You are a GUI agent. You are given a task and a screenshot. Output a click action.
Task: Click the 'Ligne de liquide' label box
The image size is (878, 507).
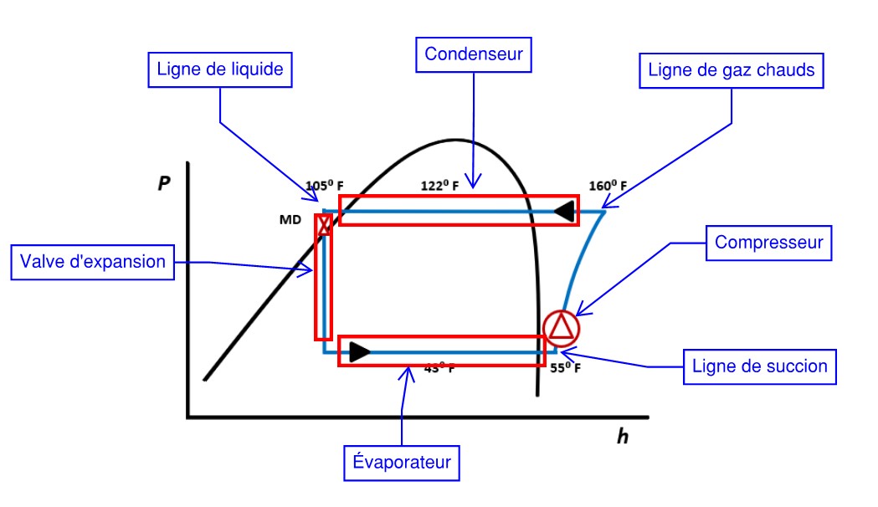(x=221, y=70)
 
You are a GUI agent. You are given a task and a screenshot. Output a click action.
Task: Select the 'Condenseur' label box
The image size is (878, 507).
(x=474, y=54)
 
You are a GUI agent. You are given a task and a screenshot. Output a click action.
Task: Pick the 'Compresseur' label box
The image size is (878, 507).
(x=769, y=243)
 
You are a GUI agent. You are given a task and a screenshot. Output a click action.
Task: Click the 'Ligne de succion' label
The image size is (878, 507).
(x=759, y=366)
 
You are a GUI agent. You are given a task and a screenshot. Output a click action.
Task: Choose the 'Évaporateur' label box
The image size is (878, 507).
(x=403, y=462)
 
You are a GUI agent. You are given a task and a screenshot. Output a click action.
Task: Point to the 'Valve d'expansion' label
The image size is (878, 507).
(x=94, y=261)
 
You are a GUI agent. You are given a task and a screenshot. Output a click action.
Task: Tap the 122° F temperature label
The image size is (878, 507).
(x=439, y=186)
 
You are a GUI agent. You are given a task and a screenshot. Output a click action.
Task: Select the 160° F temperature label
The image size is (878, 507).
(x=608, y=186)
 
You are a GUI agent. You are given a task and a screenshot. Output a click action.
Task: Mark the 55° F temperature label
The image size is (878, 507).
(x=565, y=366)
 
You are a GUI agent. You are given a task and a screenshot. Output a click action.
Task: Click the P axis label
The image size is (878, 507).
(x=164, y=185)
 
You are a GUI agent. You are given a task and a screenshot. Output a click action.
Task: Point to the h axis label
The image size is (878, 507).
(x=622, y=436)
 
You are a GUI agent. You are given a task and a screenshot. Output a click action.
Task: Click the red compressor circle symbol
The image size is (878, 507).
(x=561, y=327)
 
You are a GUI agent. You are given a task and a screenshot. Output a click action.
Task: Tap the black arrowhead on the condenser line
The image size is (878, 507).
(x=567, y=212)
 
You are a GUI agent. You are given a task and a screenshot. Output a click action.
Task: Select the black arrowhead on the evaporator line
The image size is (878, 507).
(x=359, y=352)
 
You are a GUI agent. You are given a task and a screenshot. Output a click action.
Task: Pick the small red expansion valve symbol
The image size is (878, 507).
(x=324, y=224)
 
